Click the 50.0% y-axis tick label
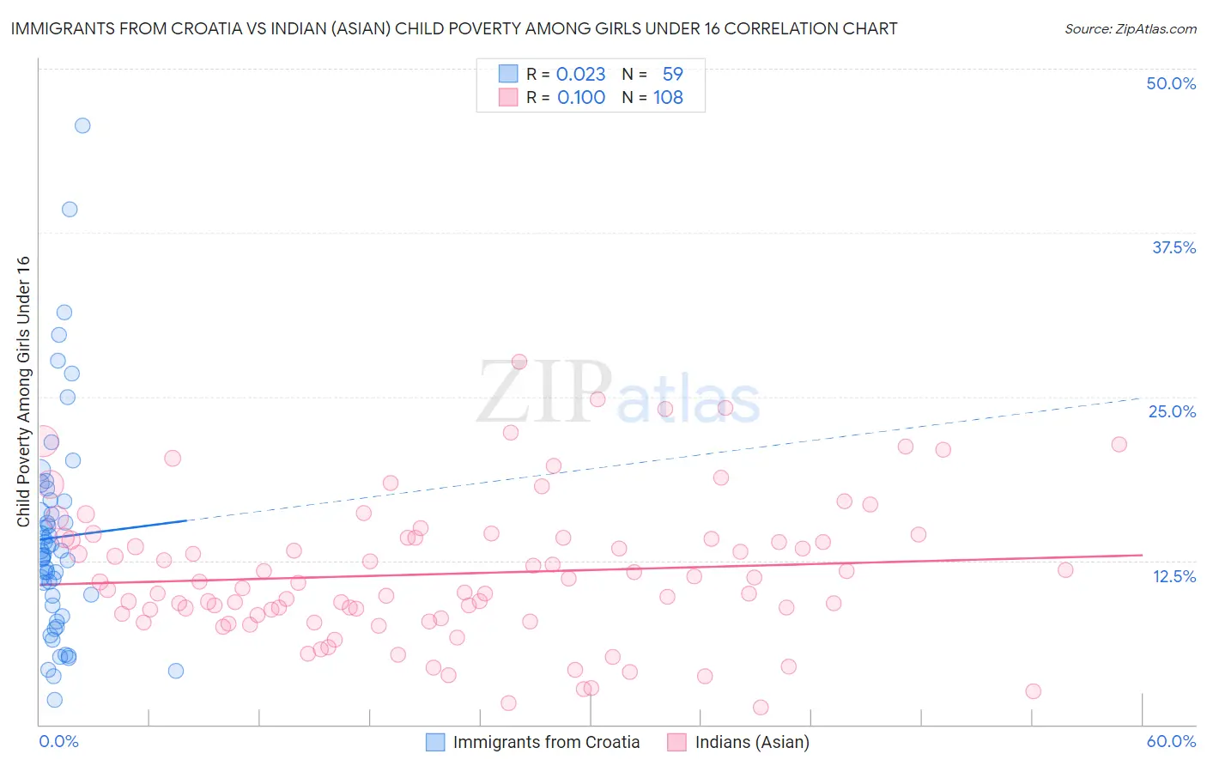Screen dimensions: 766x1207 point(1171,83)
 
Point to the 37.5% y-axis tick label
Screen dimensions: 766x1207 point(1174,247)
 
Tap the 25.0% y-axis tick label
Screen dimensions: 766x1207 point(1172,411)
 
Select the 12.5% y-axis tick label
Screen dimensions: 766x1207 point(1174,576)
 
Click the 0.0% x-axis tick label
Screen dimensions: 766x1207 point(58,741)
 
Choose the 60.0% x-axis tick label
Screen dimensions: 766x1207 point(1171,741)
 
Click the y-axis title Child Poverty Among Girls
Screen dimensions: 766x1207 point(23,392)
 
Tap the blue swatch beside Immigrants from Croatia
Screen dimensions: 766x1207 point(435,742)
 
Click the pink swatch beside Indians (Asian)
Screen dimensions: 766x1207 point(677,742)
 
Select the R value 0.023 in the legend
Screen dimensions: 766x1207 point(580,74)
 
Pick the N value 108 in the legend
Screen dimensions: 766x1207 point(668,97)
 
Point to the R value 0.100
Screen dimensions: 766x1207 point(581,97)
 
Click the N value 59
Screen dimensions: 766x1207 point(672,74)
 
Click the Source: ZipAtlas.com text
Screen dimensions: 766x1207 point(1130,28)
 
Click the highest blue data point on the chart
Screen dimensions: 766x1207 point(82,125)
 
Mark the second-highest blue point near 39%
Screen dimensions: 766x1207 point(70,210)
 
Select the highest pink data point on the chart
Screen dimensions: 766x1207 point(519,362)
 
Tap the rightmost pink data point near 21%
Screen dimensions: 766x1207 point(1119,444)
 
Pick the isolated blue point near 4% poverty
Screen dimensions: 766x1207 point(176,671)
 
